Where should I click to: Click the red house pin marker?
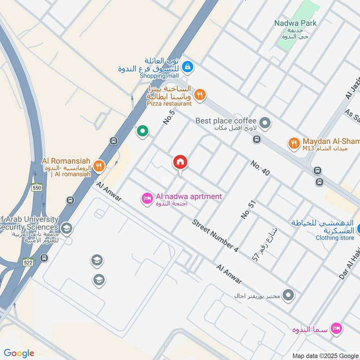click(180, 162)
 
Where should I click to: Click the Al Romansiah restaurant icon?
click(99, 166)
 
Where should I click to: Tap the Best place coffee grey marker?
click(265, 122)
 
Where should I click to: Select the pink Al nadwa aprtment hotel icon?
click(147, 198)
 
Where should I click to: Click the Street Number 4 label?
click(215, 235)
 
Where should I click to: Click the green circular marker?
click(143, 131)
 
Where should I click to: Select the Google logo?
click(19, 353)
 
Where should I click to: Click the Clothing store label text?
click(335, 238)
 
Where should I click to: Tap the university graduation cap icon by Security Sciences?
click(67, 228)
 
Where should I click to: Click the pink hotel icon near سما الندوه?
click(335, 328)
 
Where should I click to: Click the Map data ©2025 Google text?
click(325, 356)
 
